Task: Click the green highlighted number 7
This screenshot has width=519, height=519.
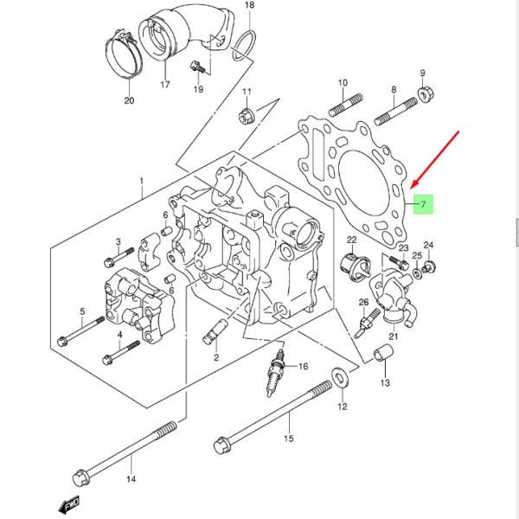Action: tap(424, 205)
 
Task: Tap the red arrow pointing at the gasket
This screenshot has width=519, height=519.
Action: tap(437, 159)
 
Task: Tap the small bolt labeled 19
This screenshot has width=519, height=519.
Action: tap(197, 65)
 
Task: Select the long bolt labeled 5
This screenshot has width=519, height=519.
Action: tap(80, 332)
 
